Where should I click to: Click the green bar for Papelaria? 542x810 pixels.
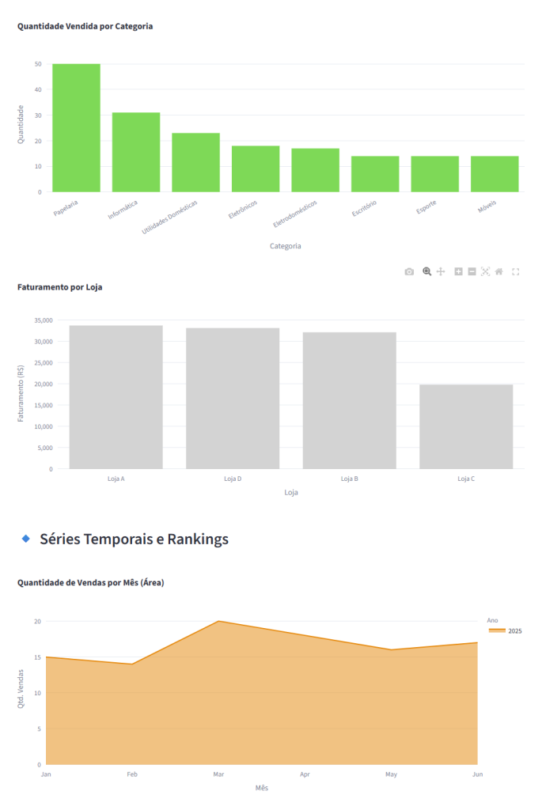(x=76, y=127)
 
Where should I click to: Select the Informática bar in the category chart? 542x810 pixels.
(x=135, y=152)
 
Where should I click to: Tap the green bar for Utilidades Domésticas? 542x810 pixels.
(x=195, y=162)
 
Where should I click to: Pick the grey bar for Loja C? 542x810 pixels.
(x=466, y=426)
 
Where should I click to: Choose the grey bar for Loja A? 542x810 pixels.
(x=116, y=397)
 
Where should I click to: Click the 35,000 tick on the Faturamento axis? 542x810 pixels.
(x=44, y=320)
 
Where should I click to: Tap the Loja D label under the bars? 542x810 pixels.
(x=233, y=479)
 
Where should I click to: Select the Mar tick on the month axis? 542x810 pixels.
(x=218, y=774)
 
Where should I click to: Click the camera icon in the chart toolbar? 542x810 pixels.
(x=409, y=271)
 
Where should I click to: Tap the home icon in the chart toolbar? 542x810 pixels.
(x=498, y=271)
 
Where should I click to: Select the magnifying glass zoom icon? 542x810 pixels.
(x=426, y=271)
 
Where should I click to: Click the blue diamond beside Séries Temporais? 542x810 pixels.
(x=25, y=539)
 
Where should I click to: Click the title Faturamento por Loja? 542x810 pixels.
(x=59, y=287)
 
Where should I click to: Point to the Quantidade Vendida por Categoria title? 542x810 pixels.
(x=85, y=26)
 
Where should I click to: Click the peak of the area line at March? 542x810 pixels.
(x=218, y=621)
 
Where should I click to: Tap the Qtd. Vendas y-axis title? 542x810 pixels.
(x=21, y=688)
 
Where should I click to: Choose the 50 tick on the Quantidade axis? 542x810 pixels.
(x=38, y=64)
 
